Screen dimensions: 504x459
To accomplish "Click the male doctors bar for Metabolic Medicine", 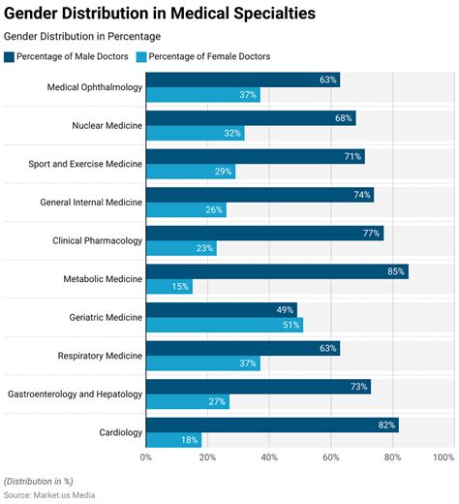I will click(x=276, y=271).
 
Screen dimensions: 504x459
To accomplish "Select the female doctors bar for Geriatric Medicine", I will click(x=224, y=325).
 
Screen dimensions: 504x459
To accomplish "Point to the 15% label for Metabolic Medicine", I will click(x=180, y=287).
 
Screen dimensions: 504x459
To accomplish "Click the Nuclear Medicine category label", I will click(x=107, y=125).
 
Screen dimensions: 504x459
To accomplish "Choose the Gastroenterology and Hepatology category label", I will click(x=75, y=394).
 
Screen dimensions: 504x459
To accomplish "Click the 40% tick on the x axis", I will click(x=269, y=456).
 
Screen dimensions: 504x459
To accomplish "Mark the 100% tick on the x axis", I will click(x=443, y=456).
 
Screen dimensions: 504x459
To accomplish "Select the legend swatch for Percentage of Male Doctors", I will click(x=9, y=56).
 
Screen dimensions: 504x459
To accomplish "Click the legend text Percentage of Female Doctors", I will click(x=209, y=56).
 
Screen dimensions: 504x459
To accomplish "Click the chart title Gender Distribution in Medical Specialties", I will click(x=159, y=15).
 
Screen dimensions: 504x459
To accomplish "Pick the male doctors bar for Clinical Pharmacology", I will click(x=264, y=233).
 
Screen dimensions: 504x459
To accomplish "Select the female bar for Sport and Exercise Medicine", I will click(x=190, y=172).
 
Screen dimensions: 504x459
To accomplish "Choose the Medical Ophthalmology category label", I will click(x=94, y=87).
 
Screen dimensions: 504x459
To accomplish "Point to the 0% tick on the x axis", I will click(x=146, y=456).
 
